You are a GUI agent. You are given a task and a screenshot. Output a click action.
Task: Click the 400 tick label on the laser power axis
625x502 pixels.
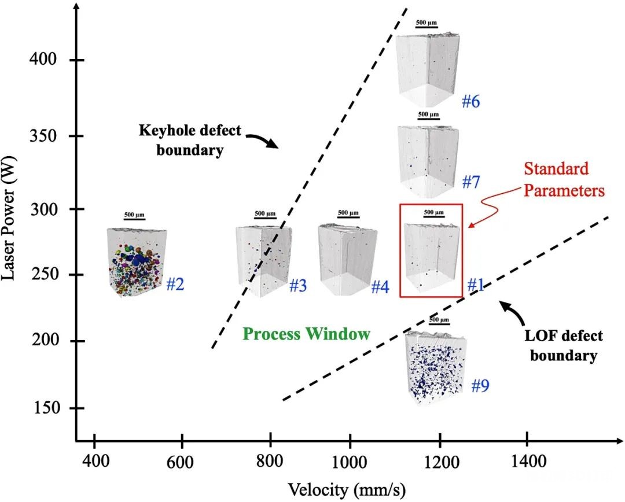point(43,60)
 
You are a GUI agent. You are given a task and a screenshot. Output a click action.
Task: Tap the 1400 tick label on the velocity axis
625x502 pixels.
point(528,462)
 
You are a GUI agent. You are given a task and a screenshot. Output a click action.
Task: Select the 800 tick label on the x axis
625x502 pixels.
point(270,462)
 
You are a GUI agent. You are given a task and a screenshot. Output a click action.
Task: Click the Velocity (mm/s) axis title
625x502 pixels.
point(347,490)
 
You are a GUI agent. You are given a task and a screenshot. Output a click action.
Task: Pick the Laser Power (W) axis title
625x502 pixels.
point(9,217)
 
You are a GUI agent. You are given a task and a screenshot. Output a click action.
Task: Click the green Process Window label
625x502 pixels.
point(307,334)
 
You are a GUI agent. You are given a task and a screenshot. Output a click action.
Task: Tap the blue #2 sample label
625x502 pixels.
point(175,285)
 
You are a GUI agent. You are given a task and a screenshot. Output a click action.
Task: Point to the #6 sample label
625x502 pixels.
point(470,102)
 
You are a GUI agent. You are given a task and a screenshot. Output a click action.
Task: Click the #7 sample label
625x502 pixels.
point(470,182)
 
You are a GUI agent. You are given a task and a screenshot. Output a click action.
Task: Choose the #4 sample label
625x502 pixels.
point(380,286)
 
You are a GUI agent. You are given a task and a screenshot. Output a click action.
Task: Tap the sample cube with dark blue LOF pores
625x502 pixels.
point(435,367)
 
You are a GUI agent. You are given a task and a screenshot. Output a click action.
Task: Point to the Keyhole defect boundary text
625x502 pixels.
point(190,140)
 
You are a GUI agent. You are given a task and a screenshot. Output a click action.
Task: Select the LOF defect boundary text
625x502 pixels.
point(564,345)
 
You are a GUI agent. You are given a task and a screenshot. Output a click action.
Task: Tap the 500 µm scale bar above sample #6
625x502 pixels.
point(427,27)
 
